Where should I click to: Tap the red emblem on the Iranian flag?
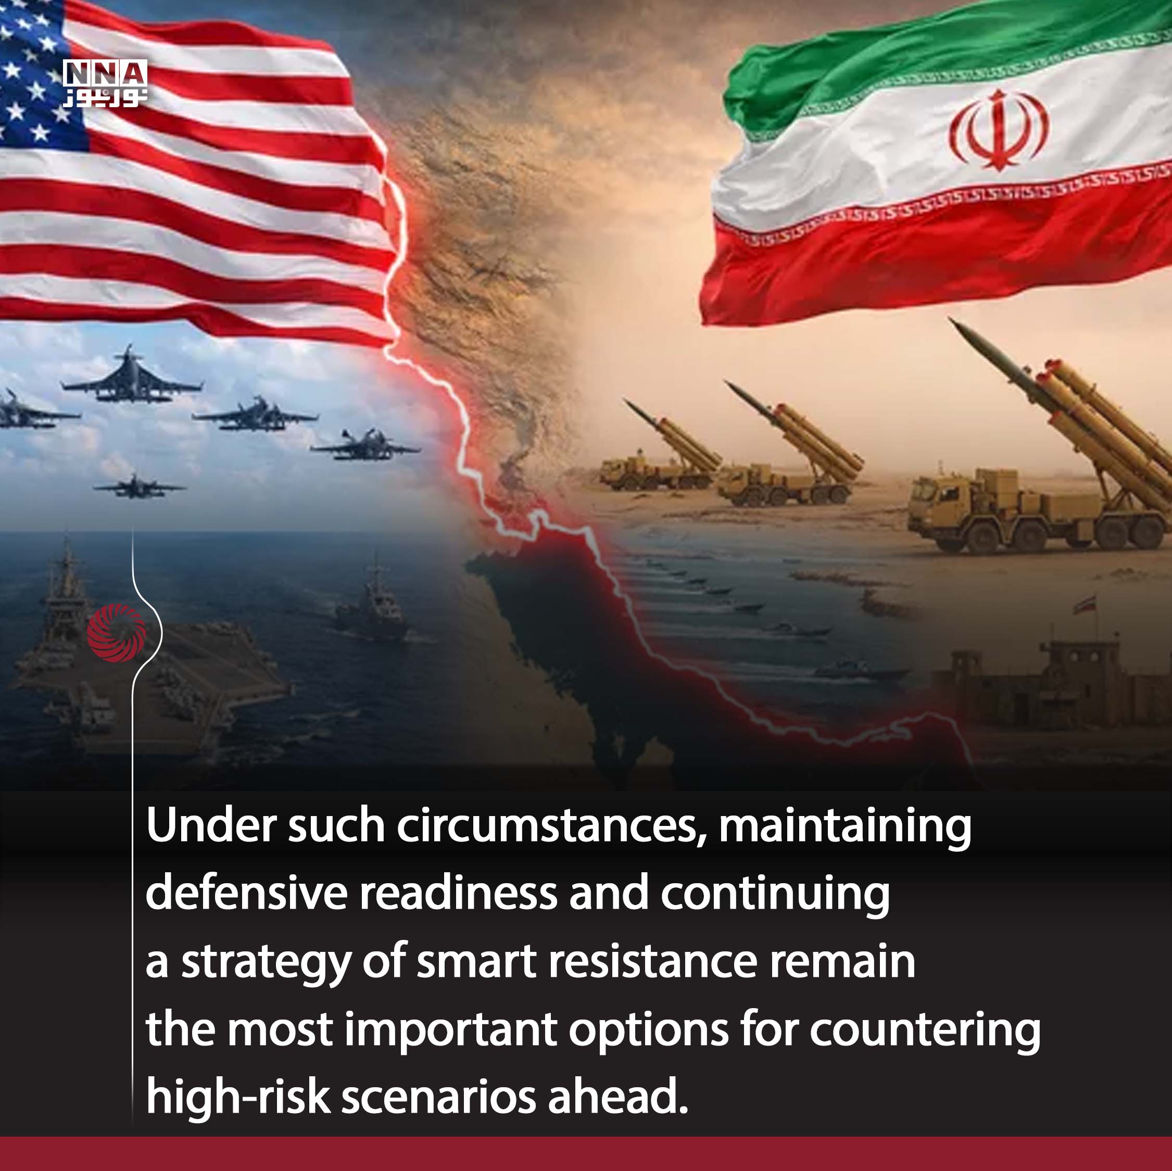pos(998,129)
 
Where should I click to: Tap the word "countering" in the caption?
pos(925,1030)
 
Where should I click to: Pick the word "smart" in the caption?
pos(476,962)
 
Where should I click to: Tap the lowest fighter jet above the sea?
pos(140,486)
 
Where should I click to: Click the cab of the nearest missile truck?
pos(934,503)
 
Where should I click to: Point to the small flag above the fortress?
pos(1085,604)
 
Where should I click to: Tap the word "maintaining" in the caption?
pos(845,826)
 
